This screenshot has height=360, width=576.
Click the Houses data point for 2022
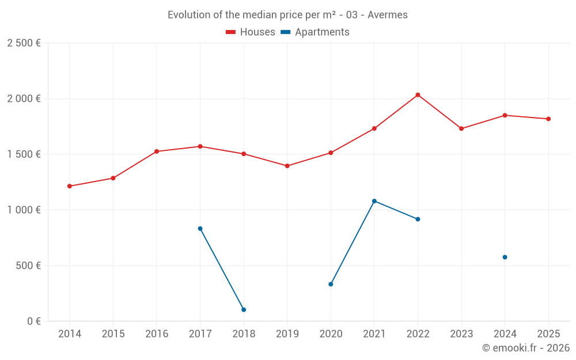click(x=418, y=95)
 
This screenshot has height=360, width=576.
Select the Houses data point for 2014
click(x=70, y=186)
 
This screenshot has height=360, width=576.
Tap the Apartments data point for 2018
click(x=244, y=310)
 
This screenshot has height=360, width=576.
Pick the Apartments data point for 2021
click(x=374, y=201)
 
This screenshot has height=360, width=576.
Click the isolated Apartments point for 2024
click(x=505, y=257)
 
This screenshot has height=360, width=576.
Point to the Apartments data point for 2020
click(x=331, y=284)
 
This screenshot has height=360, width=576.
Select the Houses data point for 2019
click(x=287, y=166)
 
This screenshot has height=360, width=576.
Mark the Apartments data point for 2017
click(x=200, y=229)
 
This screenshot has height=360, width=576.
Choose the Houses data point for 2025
click(x=548, y=119)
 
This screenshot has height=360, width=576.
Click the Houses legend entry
click(x=251, y=32)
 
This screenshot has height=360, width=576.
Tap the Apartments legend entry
click(x=315, y=32)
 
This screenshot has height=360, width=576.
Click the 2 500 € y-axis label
click(x=24, y=43)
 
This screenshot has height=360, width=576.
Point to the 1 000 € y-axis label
click(x=24, y=210)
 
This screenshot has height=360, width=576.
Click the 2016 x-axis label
click(x=157, y=334)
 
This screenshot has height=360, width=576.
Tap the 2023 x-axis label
click(x=461, y=334)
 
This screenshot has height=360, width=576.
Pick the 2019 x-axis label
click(x=287, y=334)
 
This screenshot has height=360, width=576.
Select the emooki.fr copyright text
click(x=526, y=348)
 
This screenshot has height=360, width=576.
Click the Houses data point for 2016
click(x=157, y=151)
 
